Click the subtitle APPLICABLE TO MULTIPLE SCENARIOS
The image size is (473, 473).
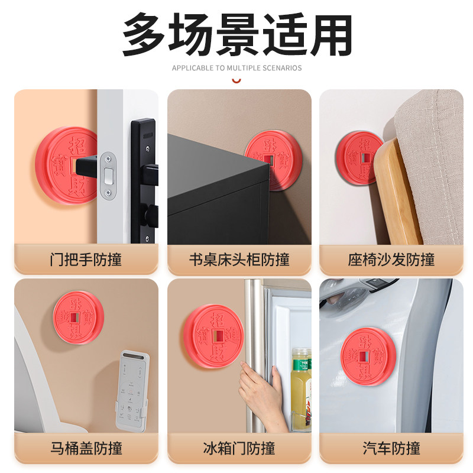click(237, 68)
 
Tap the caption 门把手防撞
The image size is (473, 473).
click(86, 260)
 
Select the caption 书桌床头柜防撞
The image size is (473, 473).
click(239, 260)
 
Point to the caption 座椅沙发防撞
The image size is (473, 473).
click(391, 260)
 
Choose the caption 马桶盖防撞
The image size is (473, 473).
click(86, 448)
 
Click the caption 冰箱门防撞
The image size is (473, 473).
click(239, 448)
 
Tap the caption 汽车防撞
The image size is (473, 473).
click(391, 448)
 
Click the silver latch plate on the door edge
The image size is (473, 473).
click(108, 175)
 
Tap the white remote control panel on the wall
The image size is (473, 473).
click(131, 390)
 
